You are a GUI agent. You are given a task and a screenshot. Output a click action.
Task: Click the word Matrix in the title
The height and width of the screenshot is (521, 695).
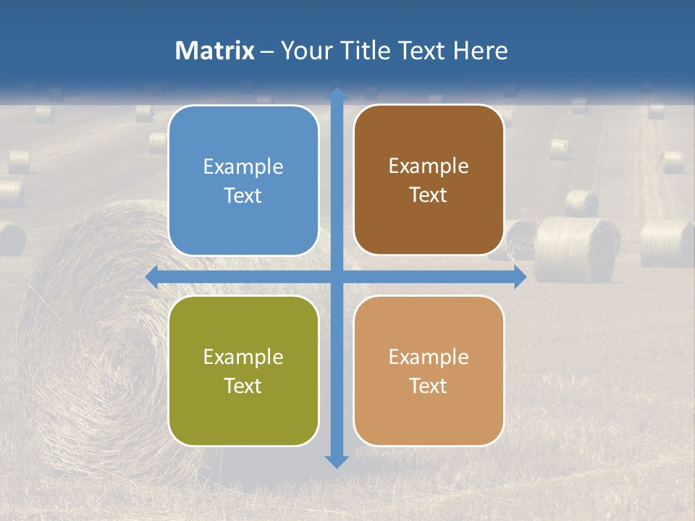[x=215, y=51]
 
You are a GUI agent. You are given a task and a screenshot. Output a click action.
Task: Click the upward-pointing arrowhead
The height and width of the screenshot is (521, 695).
[x=337, y=94]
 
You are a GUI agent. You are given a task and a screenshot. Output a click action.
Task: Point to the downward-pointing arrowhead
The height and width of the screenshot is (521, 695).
[x=337, y=461]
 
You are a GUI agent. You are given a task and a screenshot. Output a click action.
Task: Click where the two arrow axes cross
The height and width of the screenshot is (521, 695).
[x=337, y=277]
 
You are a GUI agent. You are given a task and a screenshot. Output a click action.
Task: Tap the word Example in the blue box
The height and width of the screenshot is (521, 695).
[x=243, y=167]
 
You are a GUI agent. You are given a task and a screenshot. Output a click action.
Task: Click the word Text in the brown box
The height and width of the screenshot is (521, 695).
[x=429, y=195]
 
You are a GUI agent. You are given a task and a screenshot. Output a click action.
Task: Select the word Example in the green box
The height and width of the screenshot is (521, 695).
[x=243, y=357]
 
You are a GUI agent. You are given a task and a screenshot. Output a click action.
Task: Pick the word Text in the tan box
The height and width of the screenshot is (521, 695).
[x=429, y=386]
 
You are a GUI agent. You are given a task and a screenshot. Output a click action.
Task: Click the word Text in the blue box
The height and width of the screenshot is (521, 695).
[x=243, y=196]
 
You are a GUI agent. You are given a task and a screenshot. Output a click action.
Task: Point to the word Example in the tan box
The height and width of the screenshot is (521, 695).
[x=429, y=357]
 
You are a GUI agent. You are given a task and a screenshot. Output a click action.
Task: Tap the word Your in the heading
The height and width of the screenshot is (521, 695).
[x=305, y=51]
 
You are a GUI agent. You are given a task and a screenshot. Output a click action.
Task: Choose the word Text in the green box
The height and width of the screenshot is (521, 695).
[x=243, y=386]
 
